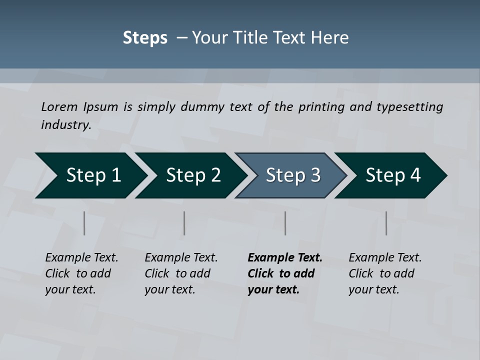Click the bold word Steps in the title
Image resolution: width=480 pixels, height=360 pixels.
145,38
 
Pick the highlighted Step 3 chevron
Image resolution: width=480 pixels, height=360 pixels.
293,175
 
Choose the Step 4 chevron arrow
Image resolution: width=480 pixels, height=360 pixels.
393,175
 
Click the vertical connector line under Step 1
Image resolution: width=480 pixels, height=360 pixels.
84,223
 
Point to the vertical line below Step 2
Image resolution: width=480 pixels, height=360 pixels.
184,223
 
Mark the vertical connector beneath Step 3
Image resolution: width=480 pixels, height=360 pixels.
285,223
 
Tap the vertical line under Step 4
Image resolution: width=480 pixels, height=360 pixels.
386,223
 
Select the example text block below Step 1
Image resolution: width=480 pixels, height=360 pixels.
81,273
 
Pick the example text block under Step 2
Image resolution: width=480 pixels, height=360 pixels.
181,273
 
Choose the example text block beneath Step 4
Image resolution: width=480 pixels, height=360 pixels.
385,273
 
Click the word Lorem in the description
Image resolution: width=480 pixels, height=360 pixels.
59,107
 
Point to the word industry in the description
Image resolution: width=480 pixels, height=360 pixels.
66,125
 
